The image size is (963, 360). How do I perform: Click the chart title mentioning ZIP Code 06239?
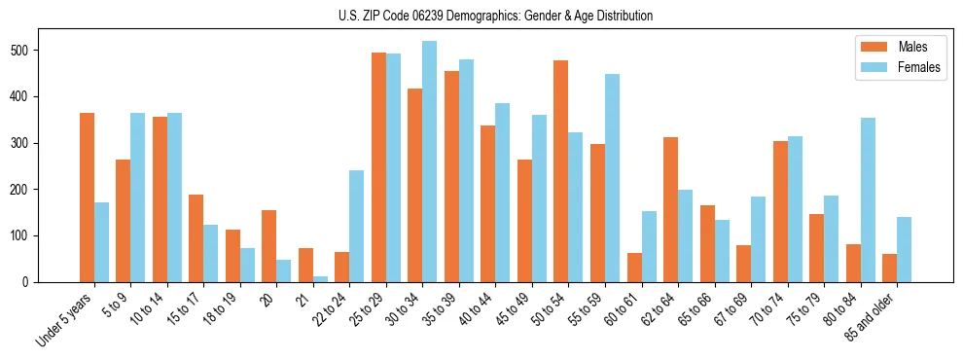(x=481, y=16)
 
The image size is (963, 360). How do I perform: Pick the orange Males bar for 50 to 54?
(x=561, y=171)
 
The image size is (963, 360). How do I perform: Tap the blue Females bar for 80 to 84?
(x=868, y=200)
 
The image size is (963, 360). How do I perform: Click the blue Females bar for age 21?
(x=321, y=279)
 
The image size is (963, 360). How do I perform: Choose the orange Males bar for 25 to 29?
(x=378, y=167)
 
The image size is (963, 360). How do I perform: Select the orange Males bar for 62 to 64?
(x=670, y=209)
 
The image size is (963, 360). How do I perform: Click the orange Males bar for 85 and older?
(x=889, y=268)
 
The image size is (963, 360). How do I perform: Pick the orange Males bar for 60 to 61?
(x=634, y=268)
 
